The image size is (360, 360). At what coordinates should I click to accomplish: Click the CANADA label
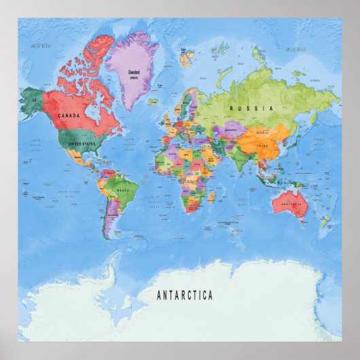point(69,116)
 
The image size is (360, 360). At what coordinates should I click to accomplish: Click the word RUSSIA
point(251,109)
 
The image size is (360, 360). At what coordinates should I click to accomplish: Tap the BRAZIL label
point(123,191)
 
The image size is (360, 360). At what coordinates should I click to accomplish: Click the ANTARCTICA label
point(185,295)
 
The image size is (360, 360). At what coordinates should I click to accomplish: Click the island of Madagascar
point(211,198)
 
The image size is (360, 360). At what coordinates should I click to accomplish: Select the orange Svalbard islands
point(187,57)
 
